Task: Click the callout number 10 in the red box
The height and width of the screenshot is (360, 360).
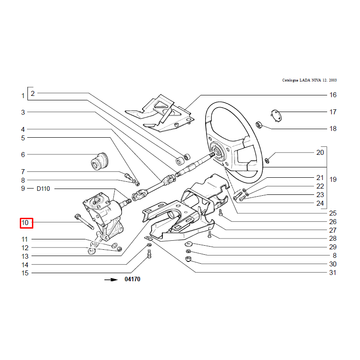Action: pyautogui.click(x=25, y=223)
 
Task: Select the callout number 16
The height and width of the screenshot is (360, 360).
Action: pyautogui.click(x=333, y=95)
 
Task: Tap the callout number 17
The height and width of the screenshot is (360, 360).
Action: pyautogui.click(x=333, y=112)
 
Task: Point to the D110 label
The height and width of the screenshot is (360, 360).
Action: pyautogui.click(x=43, y=189)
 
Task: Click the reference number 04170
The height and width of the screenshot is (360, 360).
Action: pyautogui.click(x=132, y=279)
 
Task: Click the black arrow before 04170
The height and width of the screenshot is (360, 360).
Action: pyautogui.click(x=111, y=279)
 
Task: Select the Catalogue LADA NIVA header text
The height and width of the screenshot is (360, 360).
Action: pyautogui.click(x=309, y=80)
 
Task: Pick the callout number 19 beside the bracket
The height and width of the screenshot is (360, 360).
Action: pyautogui.click(x=333, y=179)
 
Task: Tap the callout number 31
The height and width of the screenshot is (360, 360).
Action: pyautogui.click(x=333, y=273)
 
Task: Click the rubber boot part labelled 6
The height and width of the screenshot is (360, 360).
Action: pyautogui.click(x=99, y=162)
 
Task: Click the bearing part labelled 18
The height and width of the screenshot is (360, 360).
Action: pyautogui.click(x=259, y=125)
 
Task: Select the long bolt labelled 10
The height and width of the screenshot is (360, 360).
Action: pyautogui.click(x=84, y=221)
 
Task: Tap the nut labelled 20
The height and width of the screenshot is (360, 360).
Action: pyautogui.click(x=267, y=161)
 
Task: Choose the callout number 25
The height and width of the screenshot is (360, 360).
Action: pyautogui.click(x=333, y=213)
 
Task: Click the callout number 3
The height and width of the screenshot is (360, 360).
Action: pyautogui.click(x=23, y=112)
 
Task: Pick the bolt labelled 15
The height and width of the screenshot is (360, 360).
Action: pyautogui.click(x=149, y=253)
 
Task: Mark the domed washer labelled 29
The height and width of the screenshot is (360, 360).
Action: pyautogui.click(x=189, y=243)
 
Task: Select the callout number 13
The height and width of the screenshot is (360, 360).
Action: pyautogui.click(x=25, y=256)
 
